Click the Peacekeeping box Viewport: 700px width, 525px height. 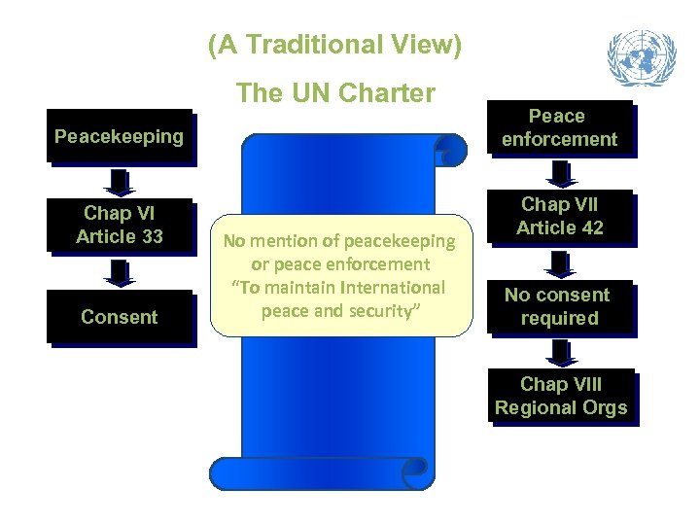(120, 136)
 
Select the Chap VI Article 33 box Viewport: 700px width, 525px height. (120, 225)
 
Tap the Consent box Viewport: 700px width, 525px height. (120, 317)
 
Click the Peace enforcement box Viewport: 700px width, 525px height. (559, 127)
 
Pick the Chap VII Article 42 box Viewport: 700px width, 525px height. (560, 216)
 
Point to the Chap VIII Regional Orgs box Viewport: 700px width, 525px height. (561, 396)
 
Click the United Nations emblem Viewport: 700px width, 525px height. (641, 57)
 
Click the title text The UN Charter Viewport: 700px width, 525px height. (335, 93)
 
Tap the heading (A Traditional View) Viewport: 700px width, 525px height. (335, 45)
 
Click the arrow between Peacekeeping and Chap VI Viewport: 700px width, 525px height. (120, 183)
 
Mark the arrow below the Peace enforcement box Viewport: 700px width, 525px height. (559, 173)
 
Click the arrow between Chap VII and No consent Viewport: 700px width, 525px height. (559, 262)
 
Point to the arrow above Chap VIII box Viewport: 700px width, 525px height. (559, 352)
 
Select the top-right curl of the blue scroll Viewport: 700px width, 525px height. (450, 150)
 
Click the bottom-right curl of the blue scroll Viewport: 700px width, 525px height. (417, 470)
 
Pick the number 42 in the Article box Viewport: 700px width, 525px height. (591, 227)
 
